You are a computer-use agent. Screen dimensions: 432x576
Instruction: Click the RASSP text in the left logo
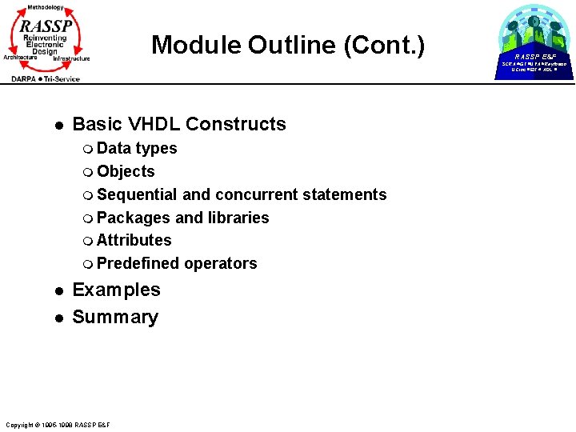(46, 25)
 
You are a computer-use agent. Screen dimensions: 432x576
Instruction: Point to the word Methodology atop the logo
(46, 7)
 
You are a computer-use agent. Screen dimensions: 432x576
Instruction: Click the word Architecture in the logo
(20, 58)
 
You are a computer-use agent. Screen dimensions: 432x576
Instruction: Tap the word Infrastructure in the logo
(71, 58)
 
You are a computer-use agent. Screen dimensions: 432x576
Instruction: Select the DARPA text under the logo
(29, 78)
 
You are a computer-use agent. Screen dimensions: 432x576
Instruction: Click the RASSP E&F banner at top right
(535, 57)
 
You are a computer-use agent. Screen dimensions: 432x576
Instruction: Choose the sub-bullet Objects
(126, 171)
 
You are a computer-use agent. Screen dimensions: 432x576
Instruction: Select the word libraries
(238, 218)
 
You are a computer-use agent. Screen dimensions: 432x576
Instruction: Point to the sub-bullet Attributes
(134, 240)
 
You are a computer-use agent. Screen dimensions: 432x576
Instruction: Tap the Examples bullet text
(116, 290)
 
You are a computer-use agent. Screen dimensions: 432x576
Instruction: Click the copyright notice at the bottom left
(57, 424)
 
